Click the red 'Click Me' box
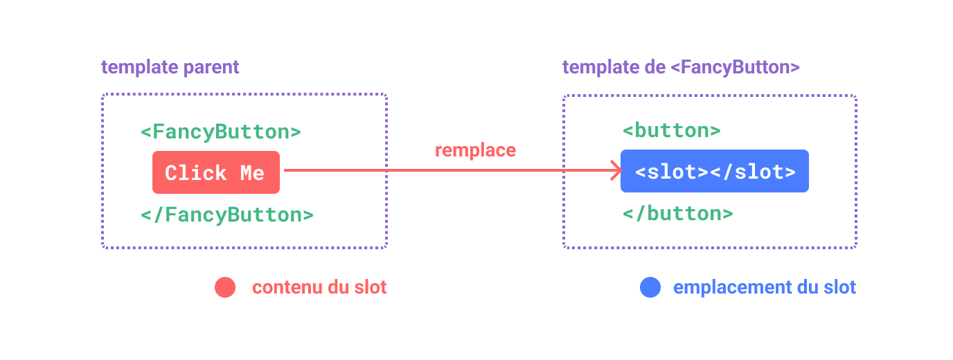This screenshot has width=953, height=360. click(x=216, y=172)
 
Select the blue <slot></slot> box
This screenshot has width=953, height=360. click(x=714, y=171)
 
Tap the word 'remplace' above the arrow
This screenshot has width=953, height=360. click(x=475, y=150)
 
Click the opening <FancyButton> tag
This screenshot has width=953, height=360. click(x=220, y=132)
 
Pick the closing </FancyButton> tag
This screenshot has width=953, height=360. click(x=226, y=215)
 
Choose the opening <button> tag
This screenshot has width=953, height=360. click(x=671, y=130)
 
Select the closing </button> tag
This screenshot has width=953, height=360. click(x=677, y=213)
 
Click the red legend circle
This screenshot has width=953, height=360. click(x=225, y=287)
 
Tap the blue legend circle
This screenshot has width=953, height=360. click(x=650, y=287)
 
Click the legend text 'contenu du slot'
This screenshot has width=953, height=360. click(x=319, y=287)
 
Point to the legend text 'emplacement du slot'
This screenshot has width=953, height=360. click(x=765, y=287)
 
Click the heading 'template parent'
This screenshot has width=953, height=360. click(x=170, y=67)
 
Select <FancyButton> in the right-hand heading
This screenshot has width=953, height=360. click(x=736, y=67)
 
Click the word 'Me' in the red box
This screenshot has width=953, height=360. click(x=252, y=172)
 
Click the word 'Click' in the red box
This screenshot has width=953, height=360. click(x=196, y=172)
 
